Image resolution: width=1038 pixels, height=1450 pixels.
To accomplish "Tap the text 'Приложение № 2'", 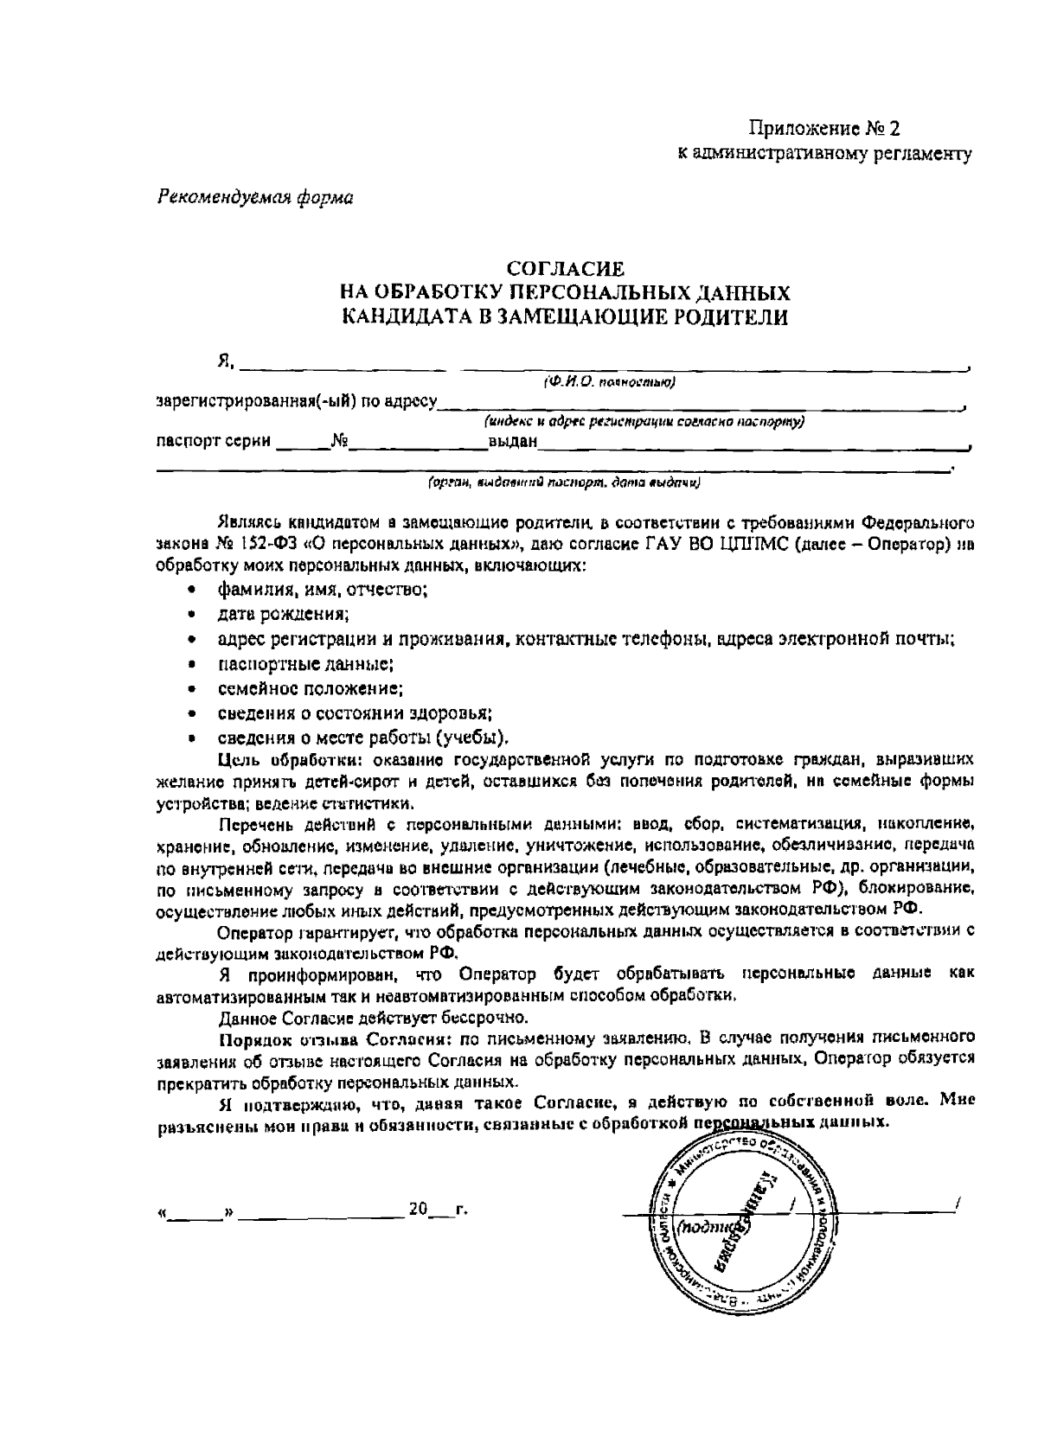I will point(824,130).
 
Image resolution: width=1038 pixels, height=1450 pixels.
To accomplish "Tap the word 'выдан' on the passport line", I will point(513,443).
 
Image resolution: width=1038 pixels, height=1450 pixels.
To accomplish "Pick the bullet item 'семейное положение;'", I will point(311,689).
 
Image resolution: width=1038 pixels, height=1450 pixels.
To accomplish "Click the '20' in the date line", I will point(419,1209).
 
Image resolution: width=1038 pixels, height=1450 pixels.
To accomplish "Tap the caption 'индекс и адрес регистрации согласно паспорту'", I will point(645,423).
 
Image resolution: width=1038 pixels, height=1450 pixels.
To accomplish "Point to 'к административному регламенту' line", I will point(824,155).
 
